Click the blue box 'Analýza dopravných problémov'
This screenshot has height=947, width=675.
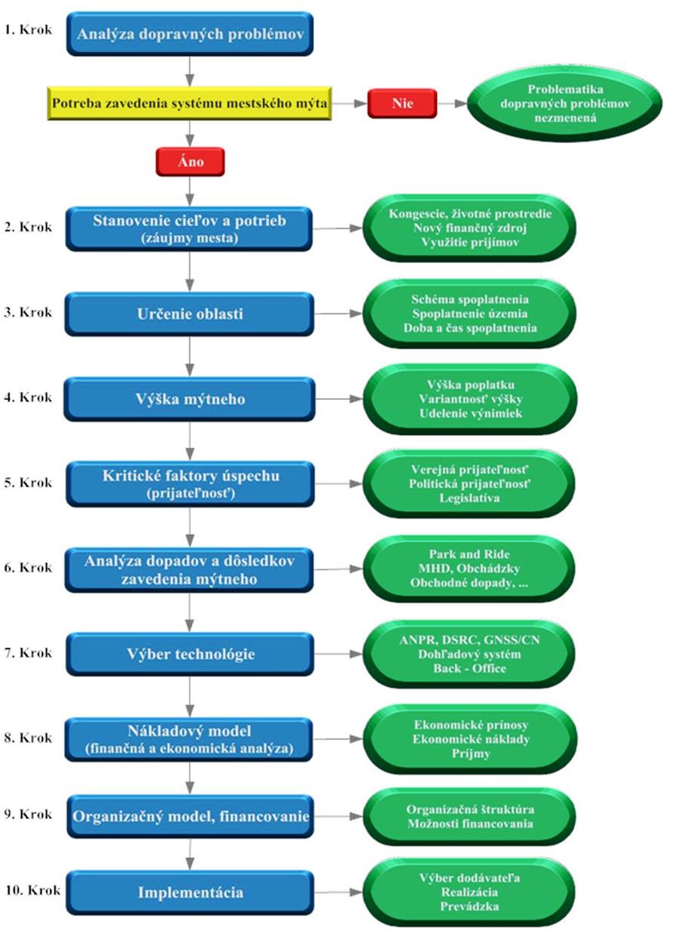click(x=190, y=34)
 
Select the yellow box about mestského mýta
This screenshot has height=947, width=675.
click(x=189, y=103)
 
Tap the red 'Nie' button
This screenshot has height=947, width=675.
click(x=402, y=103)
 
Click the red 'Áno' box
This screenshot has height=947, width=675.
click(x=190, y=161)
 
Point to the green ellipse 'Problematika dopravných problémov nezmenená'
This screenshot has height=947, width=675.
click(x=565, y=103)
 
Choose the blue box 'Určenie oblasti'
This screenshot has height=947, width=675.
click(x=189, y=314)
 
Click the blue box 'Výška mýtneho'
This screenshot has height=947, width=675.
click(x=190, y=399)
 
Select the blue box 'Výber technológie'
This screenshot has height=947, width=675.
click(x=190, y=654)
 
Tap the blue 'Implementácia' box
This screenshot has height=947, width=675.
click(x=190, y=892)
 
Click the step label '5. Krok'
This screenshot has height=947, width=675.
click(x=28, y=482)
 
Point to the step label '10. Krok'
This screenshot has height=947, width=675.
click(x=32, y=890)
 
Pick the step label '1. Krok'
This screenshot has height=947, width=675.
click(x=28, y=29)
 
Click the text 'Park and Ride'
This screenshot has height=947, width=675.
click(x=469, y=554)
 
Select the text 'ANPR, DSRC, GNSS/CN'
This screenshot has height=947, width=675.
click(x=469, y=640)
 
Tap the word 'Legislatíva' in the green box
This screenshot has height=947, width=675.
click(x=469, y=498)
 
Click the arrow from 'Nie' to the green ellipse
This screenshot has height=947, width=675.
click(x=452, y=103)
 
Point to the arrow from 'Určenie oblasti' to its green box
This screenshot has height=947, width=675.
click(x=338, y=313)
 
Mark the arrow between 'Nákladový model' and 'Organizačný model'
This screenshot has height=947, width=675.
click(x=190, y=778)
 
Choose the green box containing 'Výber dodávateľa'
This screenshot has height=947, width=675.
click(x=469, y=892)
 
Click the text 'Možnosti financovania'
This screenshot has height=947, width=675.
click(x=470, y=823)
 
